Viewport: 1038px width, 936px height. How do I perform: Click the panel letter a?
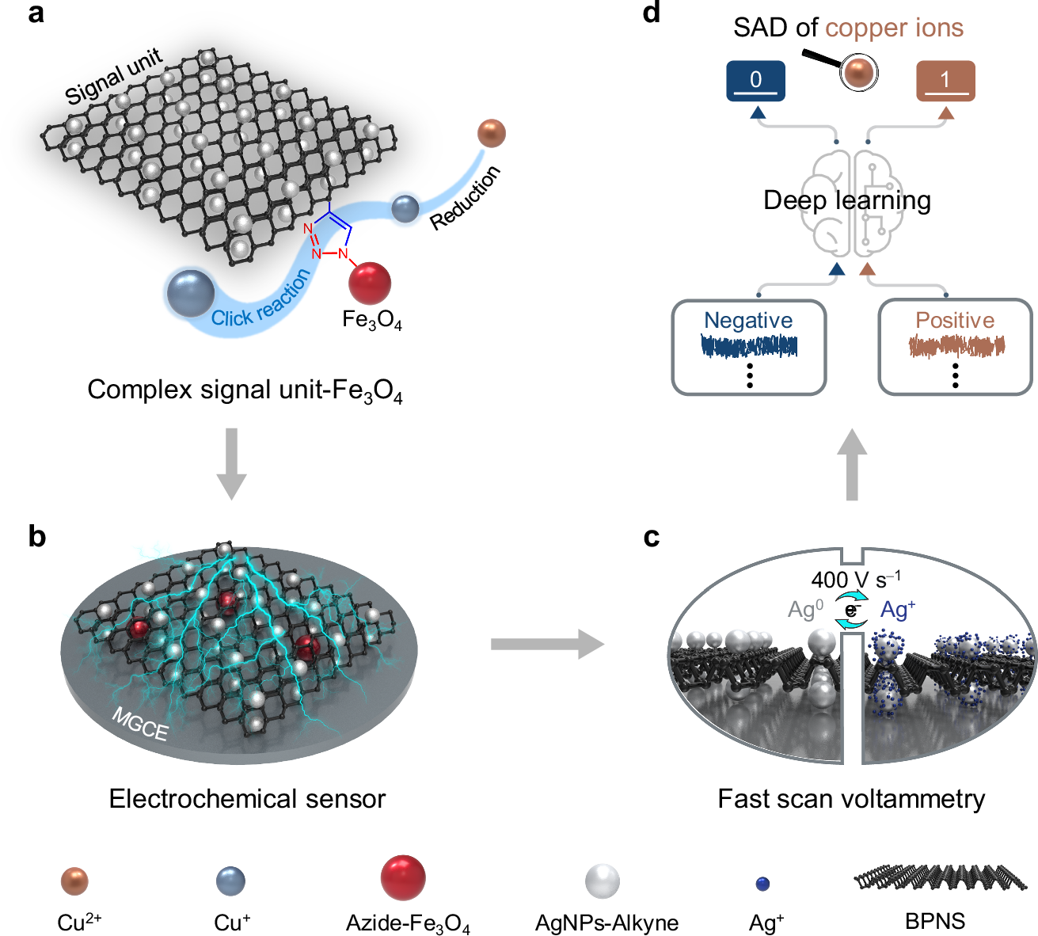tap(36, 13)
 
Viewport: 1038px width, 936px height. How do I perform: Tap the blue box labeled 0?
tap(755, 81)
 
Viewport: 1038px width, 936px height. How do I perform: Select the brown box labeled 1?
tap(945, 81)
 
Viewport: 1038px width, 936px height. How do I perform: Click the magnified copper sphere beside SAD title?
tap(858, 74)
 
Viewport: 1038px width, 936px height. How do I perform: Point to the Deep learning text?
tap(846, 200)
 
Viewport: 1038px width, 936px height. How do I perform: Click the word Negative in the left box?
tap(748, 320)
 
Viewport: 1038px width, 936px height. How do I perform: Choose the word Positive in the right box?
tap(955, 320)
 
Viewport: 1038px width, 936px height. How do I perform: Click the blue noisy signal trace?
tap(749, 346)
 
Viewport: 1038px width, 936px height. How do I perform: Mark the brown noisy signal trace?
tap(956, 346)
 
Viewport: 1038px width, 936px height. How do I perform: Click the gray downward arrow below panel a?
tap(231, 464)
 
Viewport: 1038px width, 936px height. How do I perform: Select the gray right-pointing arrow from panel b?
tap(546, 644)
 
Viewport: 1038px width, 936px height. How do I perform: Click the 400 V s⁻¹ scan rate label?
tap(855, 580)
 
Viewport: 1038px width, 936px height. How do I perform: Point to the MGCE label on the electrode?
tap(140, 724)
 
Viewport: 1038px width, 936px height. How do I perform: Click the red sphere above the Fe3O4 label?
tap(370, 283)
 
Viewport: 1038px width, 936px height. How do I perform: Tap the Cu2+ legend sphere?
tap(74, 881)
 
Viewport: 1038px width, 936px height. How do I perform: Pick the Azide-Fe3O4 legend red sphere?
tap(403, 877)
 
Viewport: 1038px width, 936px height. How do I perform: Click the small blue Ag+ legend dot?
tap(763, 883)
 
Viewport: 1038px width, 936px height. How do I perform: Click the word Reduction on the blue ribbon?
tap(466, 198)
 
